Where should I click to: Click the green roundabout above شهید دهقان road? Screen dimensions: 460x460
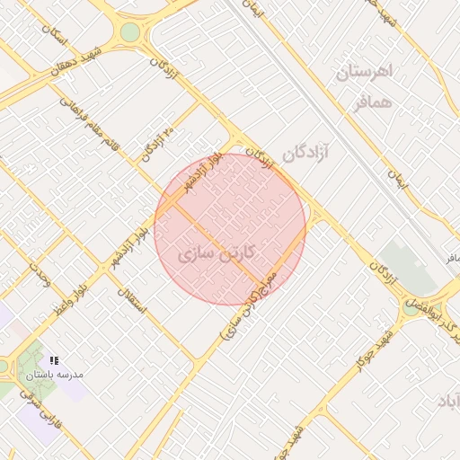130,33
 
